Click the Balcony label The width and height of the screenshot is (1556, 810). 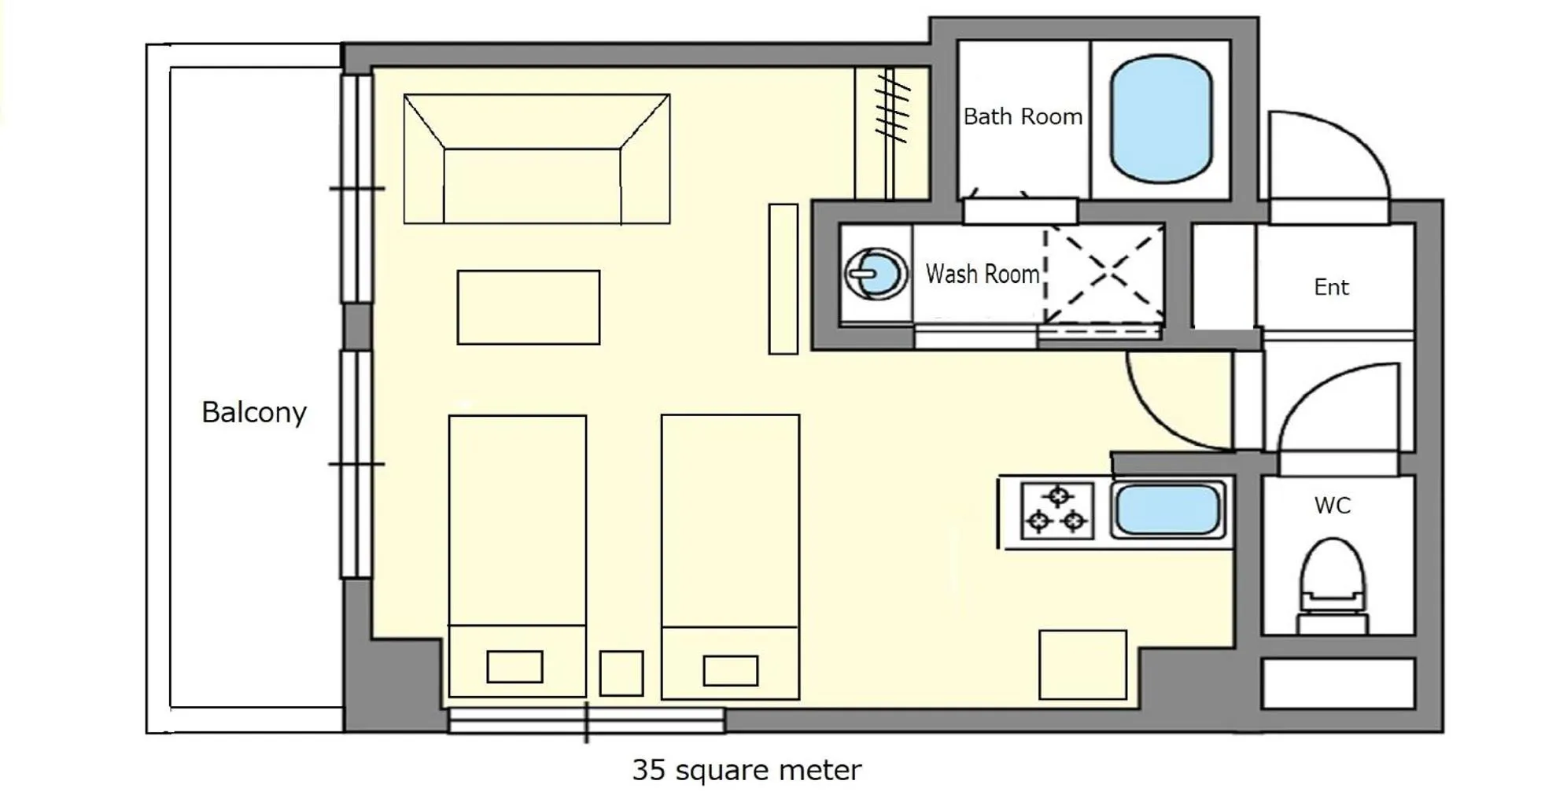click(253, 412)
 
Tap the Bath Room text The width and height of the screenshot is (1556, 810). click(1023, 116)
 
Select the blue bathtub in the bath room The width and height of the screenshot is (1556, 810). click(1160, 118)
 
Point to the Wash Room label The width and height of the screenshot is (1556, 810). click(983, 274)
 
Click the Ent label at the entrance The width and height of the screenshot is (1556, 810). click(1331, 287)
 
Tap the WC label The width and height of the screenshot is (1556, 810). click(1332, 505)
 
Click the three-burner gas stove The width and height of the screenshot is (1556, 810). click(1057, 510)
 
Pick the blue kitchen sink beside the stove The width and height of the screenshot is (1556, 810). click(1168, 510)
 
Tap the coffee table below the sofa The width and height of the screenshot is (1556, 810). click(528, 307)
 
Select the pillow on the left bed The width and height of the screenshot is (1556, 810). click(514, 667)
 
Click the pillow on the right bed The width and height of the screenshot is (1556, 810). click(730, 671)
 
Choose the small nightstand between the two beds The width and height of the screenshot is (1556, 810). click(621, 672)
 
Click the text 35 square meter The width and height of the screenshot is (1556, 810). click(746, 770)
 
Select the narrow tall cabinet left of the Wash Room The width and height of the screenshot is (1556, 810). click(783, 278)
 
